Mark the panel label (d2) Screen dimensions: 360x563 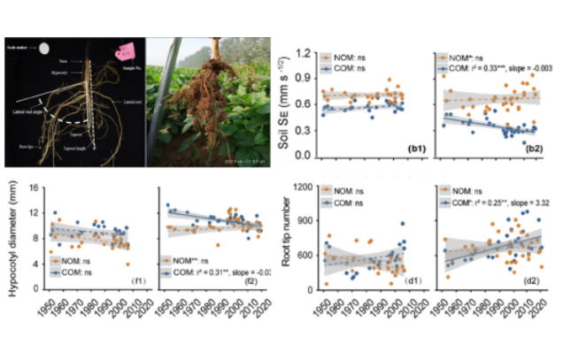pos(533,281)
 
